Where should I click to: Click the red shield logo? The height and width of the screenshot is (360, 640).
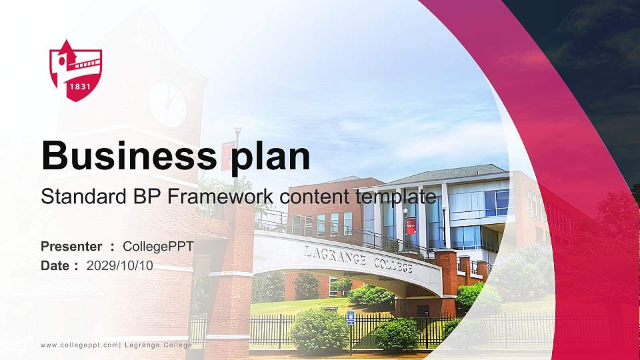click(x=75, y=70)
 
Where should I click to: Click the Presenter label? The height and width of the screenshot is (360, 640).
click(x=71, y=247)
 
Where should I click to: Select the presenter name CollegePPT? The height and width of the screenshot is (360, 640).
click(x=159, y=247)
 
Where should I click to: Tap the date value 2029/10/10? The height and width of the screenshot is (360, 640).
click(x=120, y=265)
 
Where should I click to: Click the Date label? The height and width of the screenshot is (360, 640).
click(x=55, y=265)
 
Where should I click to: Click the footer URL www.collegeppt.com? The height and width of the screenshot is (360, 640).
click(x=79, y=345)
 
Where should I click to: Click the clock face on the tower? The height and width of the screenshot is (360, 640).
click(x=167, y=103)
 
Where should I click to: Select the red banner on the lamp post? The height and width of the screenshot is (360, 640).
click(x=411, y=223)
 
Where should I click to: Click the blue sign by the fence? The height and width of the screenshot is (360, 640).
click(x=351, y=318)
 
